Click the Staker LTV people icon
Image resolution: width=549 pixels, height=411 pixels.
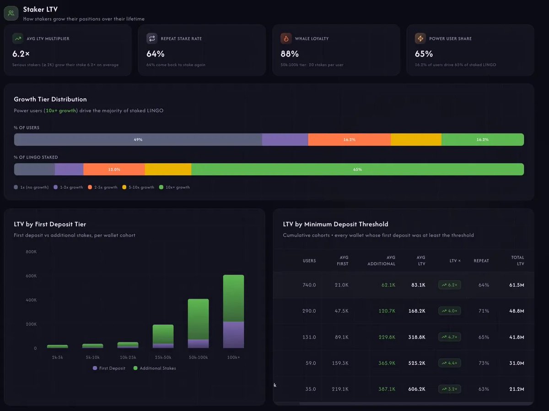tap(11, 13)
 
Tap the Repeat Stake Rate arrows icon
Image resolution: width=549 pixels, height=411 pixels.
tap(152, 38)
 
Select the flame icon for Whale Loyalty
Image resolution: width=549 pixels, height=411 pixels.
tap(286, 38)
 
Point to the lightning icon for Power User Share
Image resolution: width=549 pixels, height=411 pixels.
tap(420, 38)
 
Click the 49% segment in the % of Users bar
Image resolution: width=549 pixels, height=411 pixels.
tap(138, 140)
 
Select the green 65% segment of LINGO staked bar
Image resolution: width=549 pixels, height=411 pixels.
tap(357, 170)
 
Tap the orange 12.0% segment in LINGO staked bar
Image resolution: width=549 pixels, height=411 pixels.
tap(114, 170)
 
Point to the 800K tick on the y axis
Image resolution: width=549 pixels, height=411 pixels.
tap(31, 252)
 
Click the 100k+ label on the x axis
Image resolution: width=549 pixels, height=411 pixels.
tap(233, 356)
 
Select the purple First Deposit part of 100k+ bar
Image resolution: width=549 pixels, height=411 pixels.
tap(233, 335)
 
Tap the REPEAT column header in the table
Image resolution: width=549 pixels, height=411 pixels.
tap(481, 261)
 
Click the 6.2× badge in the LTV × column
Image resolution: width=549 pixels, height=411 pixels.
tap(450, 285)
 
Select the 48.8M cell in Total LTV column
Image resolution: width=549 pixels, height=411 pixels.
tap(517, 311)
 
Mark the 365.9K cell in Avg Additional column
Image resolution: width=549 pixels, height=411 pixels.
tap(386, 363)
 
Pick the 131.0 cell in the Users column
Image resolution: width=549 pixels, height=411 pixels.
tap(309, 337)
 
